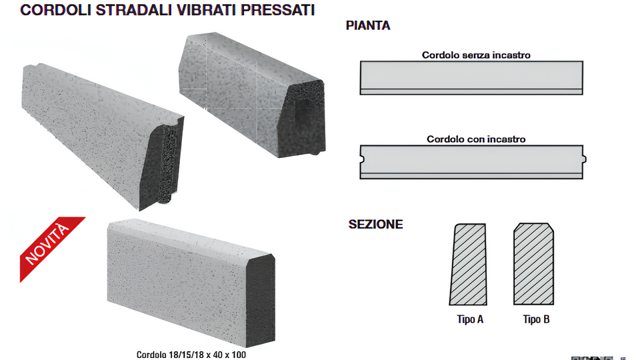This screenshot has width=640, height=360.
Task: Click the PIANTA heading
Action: pyautogui.click(x=368, y=27)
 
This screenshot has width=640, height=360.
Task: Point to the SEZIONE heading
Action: pyautogui.click(x=375, y=225)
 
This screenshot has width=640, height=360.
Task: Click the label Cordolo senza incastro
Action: pyautogui.click(x=476, y=55)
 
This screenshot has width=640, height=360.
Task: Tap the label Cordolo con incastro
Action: pyautogui.click(x=476, y=139)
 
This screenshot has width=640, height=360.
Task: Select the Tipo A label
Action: pyautogui.click(x=470, y=319)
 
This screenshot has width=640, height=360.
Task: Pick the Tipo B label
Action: pyautogui.click(x=536, y=319)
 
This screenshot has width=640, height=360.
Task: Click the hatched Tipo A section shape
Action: pyautogui.click(x=468, y=265)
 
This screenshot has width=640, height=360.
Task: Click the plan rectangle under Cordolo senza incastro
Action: pyautogui.click(x=471, y=77)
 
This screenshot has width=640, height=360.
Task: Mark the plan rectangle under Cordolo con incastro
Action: pyautogui.click(x=471, y=161)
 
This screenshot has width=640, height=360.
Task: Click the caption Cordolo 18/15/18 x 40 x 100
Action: pyautogui.click(x=191, y=355)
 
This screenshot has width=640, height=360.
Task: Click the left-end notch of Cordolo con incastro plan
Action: pyautogui.click(x=362, y=160)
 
